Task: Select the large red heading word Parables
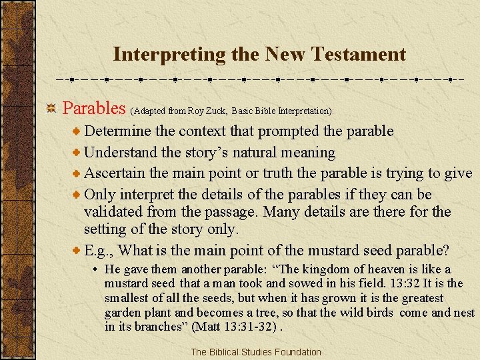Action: [94, 108]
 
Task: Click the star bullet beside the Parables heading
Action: [50, 108]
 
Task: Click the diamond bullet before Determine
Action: [77, 131]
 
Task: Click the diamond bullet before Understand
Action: [77, 153]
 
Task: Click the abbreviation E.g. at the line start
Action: [100, 251]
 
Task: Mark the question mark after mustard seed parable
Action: [445, 251]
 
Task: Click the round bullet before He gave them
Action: [97, 270]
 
